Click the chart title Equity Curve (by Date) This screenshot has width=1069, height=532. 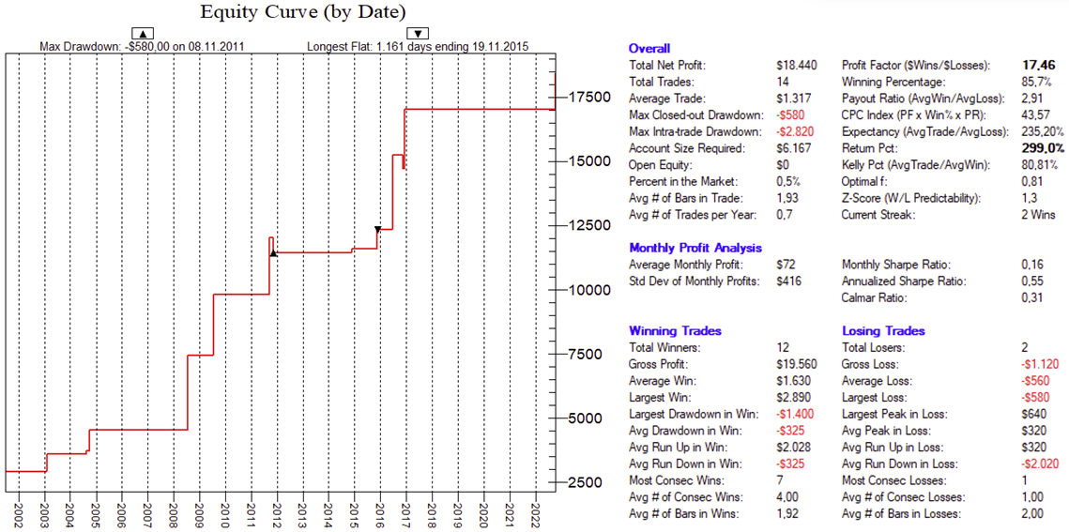tap(302, 12)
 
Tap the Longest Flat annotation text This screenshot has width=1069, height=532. tap(420, 46)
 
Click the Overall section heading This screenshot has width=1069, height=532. tap(649, 49)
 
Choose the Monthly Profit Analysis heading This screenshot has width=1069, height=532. tap(695, 249)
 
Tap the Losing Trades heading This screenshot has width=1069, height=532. tap(883, 331)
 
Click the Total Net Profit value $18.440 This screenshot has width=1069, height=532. tap(797, 66)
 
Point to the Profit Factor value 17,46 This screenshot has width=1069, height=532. tap(1039, 66)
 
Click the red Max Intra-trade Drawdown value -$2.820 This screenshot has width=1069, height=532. tap(796, 132)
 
